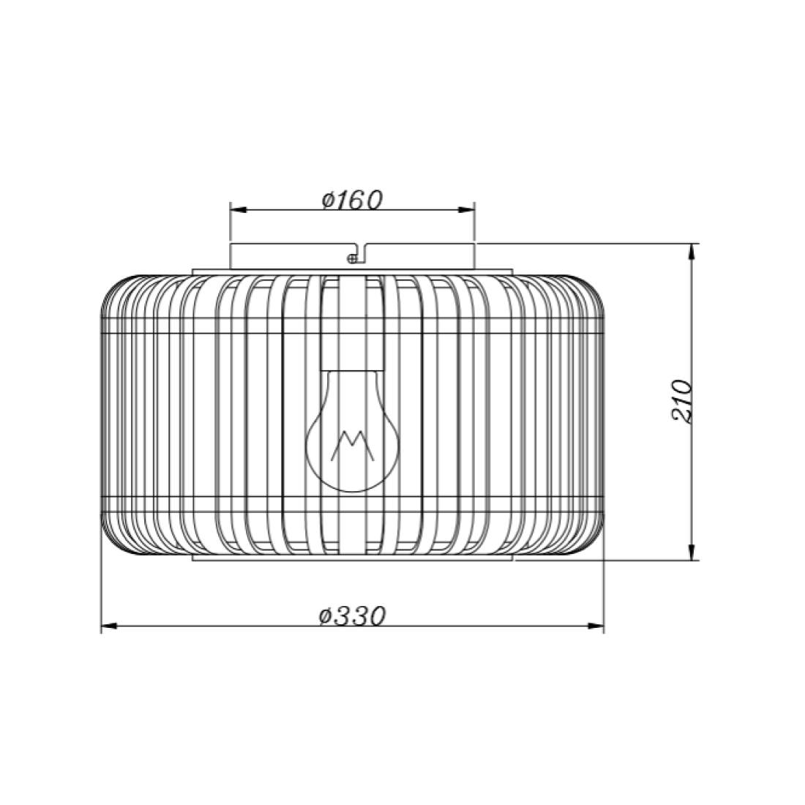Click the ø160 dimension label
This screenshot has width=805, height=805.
pyautogui.click(x=352, y=201)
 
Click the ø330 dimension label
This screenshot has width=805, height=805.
pyautogui.click(x=352, y=615)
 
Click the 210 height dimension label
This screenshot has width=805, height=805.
pyautogui.click(x=682, y=402)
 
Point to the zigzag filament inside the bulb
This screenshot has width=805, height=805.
pyautogui.click(x=352, y=445)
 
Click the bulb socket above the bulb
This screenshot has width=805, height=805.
pyautogui.click(x=352, y=323)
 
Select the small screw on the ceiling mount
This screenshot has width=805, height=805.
pyautogui.click(x=352, y=259)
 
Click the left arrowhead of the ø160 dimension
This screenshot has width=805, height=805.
pyautogui.click(x=239, y=209)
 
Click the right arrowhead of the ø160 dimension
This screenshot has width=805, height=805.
pyautogui.click(x=466, y=209)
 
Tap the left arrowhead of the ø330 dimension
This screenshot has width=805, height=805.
pyautogui.click(x=109, y=626)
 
